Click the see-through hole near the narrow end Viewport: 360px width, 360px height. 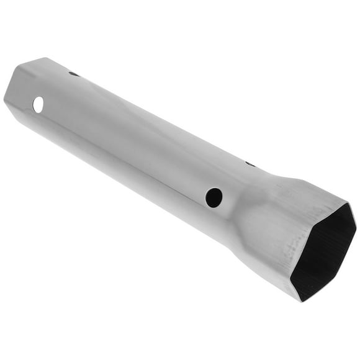(38, 105)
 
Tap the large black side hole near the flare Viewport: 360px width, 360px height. (214, 197)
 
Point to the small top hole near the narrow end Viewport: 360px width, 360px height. (74, 74)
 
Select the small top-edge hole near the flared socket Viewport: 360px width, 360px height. (250, 164)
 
